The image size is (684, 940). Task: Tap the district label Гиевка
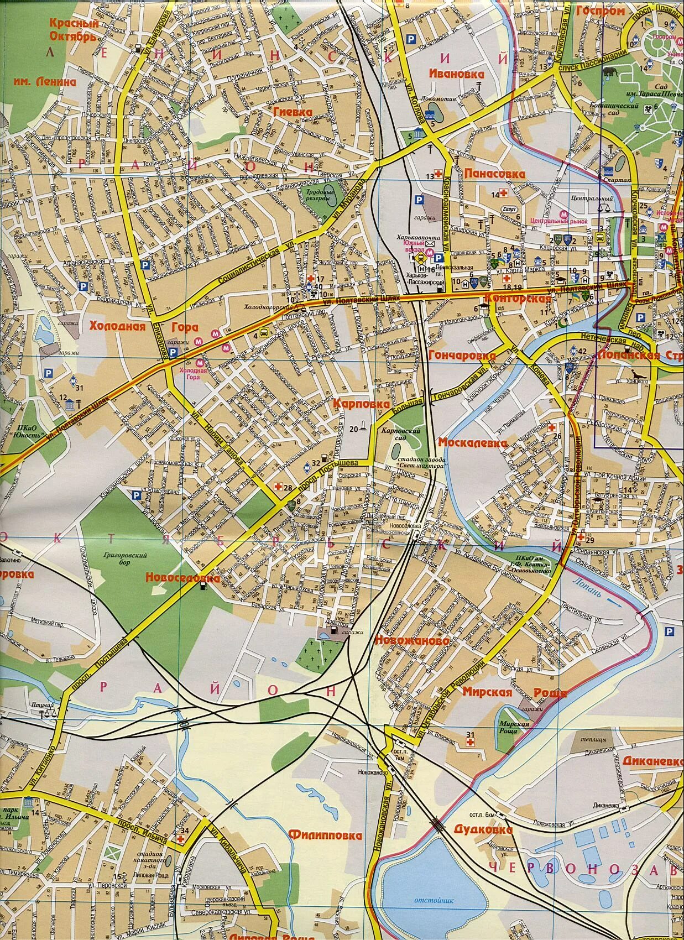point(293,111)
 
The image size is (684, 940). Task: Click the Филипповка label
point(325,835)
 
